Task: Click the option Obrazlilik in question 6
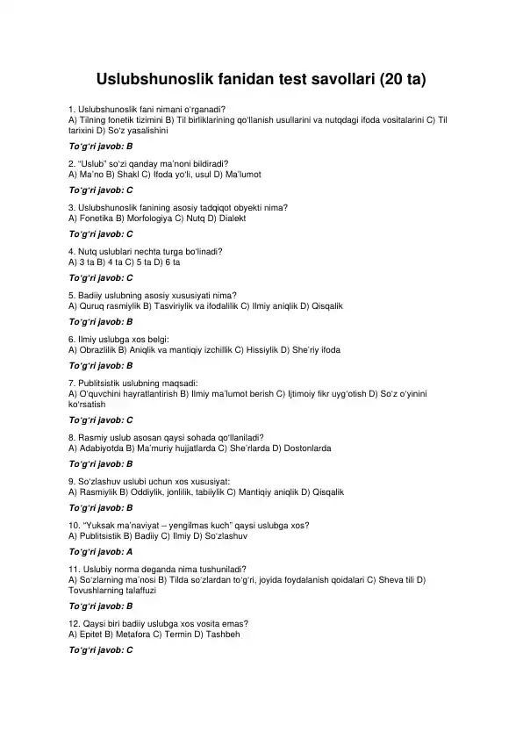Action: pyautogui.click(x=98, y=349)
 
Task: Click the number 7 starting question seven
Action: pyautogui.click(x=70, y=383)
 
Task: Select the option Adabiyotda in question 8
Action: pyautogui.click(x=101, y=448)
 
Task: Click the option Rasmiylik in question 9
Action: pyautogui.click(x=98, y=492)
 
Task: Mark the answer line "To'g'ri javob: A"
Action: pyautogui.click(x=101, y=552)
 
